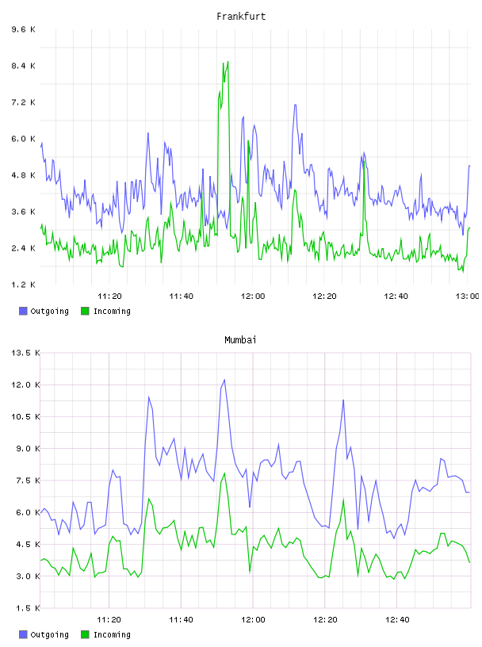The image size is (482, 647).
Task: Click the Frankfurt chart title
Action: [241, 17]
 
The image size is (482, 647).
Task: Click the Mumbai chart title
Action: [240, 340]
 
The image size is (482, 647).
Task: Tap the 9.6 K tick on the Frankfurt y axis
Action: [23, 29]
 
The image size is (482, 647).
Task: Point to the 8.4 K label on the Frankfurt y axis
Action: [23, 66]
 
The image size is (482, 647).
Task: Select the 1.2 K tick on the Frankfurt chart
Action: [23, 285]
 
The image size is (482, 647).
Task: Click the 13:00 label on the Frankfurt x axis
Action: [468, 297]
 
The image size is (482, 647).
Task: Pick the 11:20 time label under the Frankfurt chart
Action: [109, 297]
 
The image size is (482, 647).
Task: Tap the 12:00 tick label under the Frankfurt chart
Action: [253, 297]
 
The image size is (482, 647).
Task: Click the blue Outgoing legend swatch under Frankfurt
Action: [23, 311]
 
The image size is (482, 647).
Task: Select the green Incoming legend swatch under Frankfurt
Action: [85, 311]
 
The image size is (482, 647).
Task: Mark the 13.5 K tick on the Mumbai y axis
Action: [25, 353]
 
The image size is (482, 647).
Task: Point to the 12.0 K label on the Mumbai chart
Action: [25, 385]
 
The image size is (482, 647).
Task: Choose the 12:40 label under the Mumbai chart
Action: [397, 620]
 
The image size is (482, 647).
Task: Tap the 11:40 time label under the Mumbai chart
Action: [181, 620]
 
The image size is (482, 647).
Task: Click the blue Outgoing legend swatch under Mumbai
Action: [23, 634]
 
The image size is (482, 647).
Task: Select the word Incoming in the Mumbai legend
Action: [112, 634]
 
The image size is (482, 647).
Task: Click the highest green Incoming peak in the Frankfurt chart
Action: [228, 62]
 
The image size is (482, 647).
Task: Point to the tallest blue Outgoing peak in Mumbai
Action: [224, 380]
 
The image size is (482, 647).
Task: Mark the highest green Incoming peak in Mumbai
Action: [224, 473]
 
